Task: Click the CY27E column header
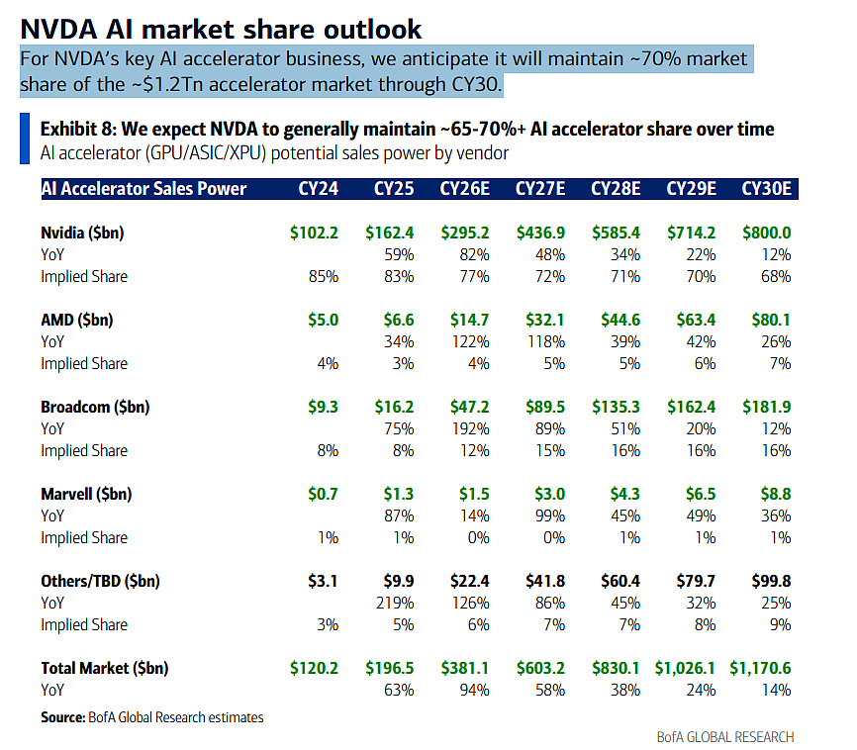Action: click(540, 189)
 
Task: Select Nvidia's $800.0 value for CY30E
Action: click(766, 233)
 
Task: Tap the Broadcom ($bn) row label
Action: click(95, 408)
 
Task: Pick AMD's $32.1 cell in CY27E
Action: click(545, 320)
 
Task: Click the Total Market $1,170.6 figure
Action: click(760, 668)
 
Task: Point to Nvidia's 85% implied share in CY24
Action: click(324, 277)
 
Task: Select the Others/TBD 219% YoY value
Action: click(395, 603)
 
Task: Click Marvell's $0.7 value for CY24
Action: click(323, 494)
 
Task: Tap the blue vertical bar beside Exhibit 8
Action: click(25, 139)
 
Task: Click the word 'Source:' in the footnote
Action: click(63, 717)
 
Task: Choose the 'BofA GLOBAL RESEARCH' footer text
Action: click(725, 737)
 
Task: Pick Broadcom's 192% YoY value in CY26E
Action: click(470, 429)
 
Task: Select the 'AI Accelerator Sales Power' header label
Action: click(143, 189)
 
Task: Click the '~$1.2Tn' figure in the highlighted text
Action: click(166, 85)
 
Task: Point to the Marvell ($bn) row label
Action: click(86, 494)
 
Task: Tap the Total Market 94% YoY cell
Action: click(474, 691)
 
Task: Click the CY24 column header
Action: click(318, 189)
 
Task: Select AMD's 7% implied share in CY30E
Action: click(781, 363)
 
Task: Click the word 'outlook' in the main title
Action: click(372, 29)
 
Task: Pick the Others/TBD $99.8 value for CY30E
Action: click(771, 581)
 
